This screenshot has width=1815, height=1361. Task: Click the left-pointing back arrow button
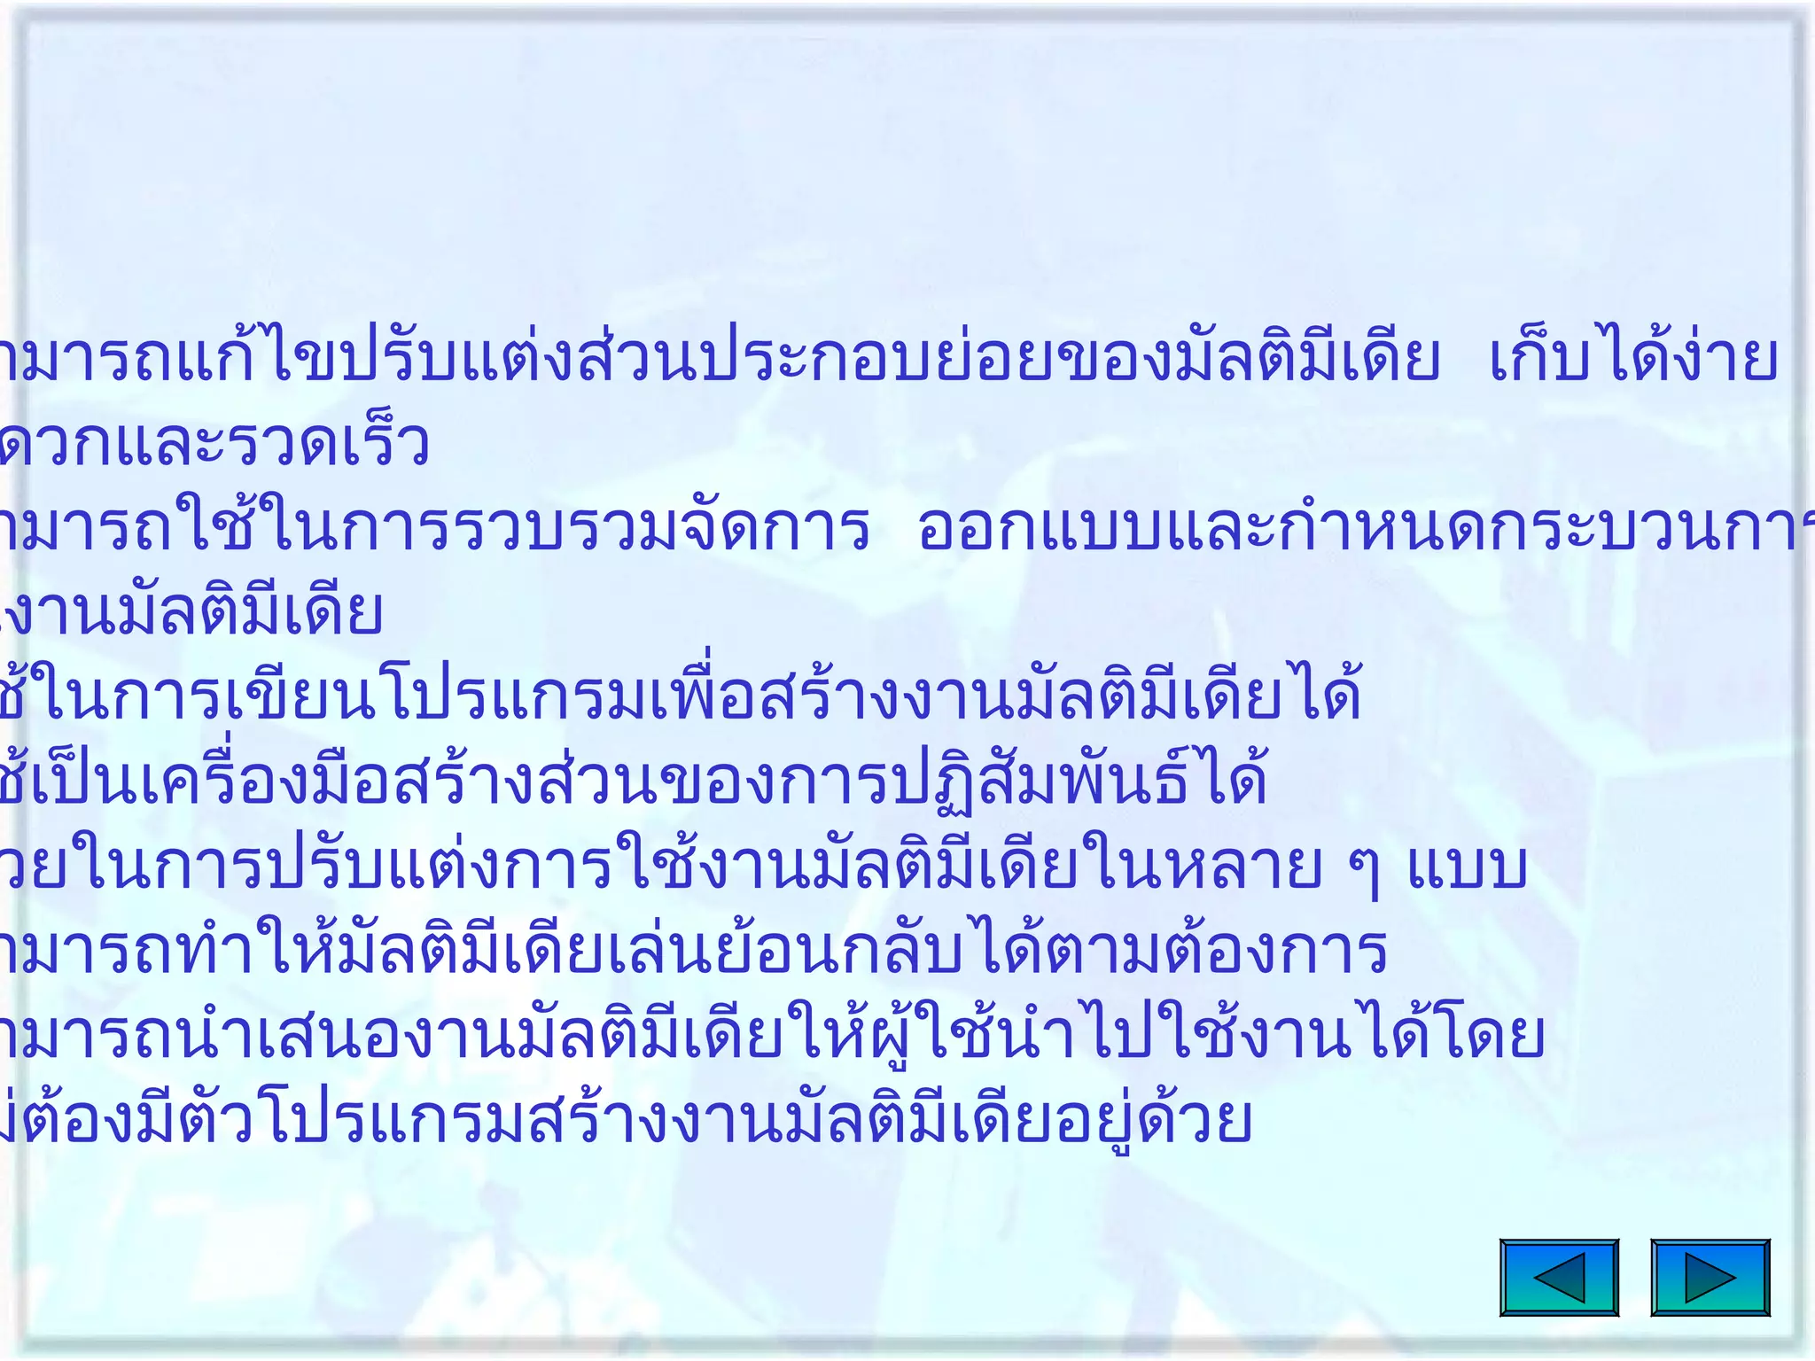click(1559, 1277)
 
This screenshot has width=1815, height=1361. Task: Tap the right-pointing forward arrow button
click(1710, 1277)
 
